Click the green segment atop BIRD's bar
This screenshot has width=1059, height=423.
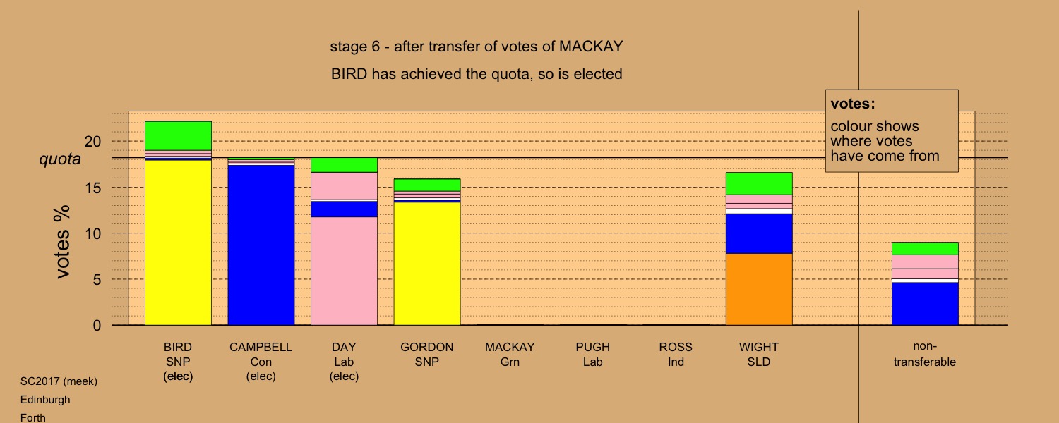178,136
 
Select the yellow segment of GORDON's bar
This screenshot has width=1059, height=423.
427,264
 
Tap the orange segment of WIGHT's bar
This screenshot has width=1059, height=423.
759,289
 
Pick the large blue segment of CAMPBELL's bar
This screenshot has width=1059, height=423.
261,245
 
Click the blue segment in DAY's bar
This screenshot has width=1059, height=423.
344,209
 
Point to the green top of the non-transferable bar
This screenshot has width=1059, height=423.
925,249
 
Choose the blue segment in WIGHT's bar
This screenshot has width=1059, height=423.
759,233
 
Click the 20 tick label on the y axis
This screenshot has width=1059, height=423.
93,141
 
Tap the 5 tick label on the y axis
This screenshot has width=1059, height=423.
97,279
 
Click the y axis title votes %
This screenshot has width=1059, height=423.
62,242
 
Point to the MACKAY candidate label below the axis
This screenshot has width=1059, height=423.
510,347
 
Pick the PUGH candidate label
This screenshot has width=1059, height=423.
593,347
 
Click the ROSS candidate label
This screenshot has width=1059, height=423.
676,347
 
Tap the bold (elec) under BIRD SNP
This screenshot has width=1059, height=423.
178,376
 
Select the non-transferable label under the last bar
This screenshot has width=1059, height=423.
925,354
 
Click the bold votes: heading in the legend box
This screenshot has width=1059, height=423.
853,104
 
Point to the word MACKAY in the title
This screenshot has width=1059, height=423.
591,47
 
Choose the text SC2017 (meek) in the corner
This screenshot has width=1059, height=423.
59,381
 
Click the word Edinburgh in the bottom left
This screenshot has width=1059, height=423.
45,400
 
